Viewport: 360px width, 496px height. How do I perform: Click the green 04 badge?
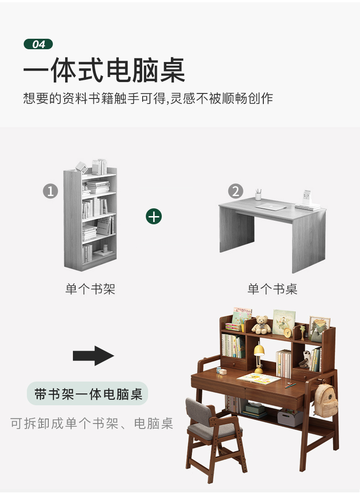point(38,44)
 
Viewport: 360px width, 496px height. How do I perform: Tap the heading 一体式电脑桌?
point(104,70)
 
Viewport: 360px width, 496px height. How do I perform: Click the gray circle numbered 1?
point(51,191)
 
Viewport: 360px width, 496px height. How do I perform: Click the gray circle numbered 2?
point(236,191)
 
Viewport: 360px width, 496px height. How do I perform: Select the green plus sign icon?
point(154,217)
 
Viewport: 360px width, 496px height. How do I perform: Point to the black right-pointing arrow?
point(93,356)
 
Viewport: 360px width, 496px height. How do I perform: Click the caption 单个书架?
point(90,289)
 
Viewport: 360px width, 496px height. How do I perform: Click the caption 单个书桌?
point(273,289)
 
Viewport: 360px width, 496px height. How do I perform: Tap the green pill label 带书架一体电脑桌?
point(87,394)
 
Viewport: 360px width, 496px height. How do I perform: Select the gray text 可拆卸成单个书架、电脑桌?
point(92,423)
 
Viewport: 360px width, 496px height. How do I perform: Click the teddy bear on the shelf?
point(261,325)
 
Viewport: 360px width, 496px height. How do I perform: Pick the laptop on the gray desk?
point(271,207)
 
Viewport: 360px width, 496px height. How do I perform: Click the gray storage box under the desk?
point(290,418)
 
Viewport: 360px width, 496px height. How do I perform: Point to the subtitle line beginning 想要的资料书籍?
point(148,98)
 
